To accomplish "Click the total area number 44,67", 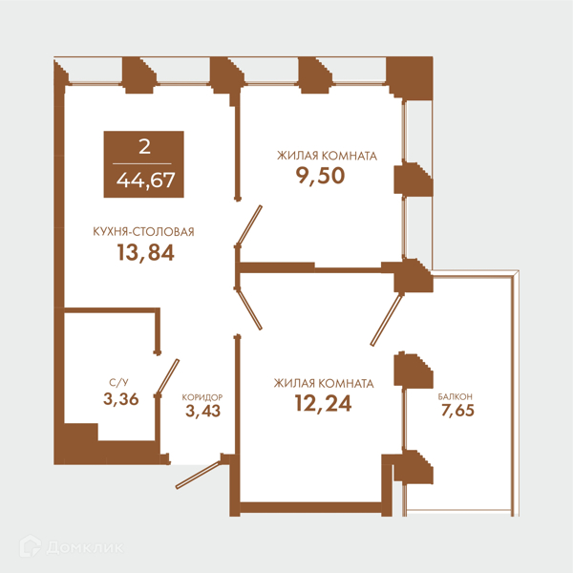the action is click(x=145, y=180).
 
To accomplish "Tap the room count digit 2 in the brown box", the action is click(x=144, y=147).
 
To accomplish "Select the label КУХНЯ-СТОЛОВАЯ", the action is click(x=143, y=232).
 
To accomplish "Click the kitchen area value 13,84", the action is click(x=145, y=252).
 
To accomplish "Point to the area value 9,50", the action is click(x=320, y=176).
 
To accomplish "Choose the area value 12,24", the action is click(x=323, y=404).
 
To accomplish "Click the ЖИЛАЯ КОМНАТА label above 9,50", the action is click(x=327, y=156).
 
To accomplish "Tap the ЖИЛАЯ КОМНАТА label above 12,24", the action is click(x=324, y=383).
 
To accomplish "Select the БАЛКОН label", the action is click(x=456, y=396).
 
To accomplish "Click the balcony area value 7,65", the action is click(x=457, y=411).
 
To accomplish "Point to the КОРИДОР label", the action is click(x=202, y=397).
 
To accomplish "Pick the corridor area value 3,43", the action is click(x=202, y=411).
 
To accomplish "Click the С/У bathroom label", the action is click(x=118, y=383).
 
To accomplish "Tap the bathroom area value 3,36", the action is click(x=121, y=399).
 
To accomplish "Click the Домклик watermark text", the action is click(x=85, y=548).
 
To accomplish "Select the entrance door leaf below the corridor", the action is click(x=198, y=475).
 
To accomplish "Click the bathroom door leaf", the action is click(x=168, y=377).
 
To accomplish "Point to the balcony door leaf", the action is click(x=386, y=321).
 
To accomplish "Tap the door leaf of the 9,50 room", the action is click(x=249, y=225).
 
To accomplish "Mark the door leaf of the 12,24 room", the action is click(x=249, y=309).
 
